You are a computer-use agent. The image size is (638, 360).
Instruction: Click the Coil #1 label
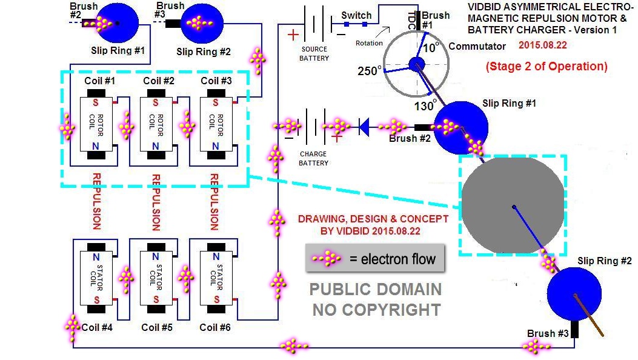point(100,81)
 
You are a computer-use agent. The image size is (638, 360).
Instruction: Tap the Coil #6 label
point(215,327)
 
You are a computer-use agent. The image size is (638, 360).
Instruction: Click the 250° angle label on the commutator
point(370,71)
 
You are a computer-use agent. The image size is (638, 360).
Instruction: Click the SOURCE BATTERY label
point(314,54)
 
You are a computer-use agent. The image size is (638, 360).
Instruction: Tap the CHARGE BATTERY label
point(313,159)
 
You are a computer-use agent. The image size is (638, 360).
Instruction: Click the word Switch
point(356,16)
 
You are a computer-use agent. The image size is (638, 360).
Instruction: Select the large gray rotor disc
point(513,205)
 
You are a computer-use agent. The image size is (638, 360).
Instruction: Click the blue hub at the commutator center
point(416,64)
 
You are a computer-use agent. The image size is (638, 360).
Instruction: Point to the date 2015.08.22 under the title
point(543,45)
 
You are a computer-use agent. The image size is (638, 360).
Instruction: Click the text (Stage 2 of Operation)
point(547,66)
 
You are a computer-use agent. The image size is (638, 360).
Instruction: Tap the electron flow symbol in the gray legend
point(327,258)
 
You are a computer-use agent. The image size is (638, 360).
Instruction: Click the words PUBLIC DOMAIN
point(376,290)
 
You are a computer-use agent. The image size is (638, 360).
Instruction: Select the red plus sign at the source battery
point(293,35)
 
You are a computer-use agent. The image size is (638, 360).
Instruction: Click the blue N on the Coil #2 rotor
point(156,146)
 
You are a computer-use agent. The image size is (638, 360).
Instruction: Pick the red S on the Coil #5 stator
point(156,300)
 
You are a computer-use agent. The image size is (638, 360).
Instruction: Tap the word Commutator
point(477,47)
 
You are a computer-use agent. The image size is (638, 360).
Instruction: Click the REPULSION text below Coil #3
point(214,202)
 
